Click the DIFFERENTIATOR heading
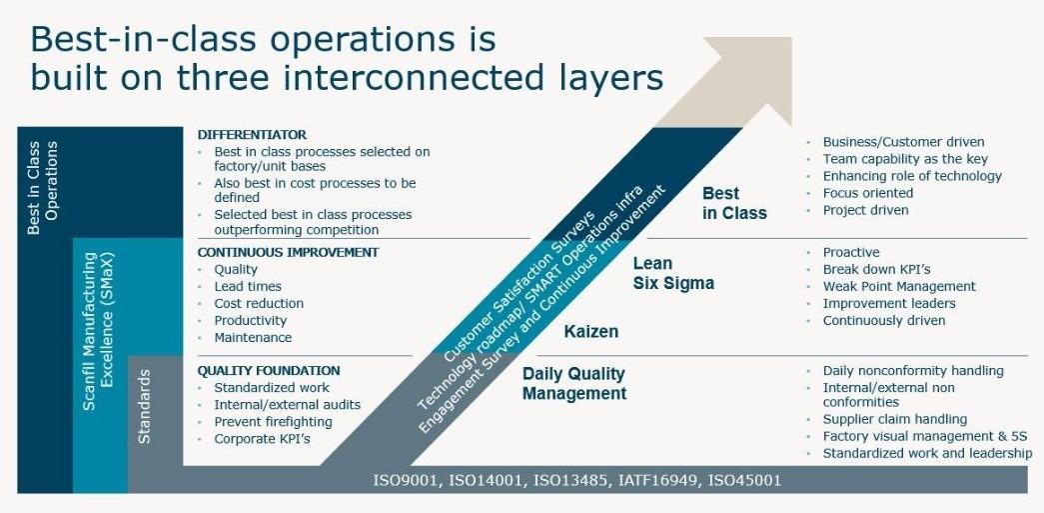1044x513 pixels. (x=253, y=135)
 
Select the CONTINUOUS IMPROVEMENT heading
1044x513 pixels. (x=289, y=253)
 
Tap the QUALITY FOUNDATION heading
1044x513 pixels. (x=269, y=370)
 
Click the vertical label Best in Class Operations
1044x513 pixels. (x=43, y=187)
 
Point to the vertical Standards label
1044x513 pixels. (x=143, y=406)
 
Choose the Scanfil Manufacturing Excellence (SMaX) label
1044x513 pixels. (x=98, y=330)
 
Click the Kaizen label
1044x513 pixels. (x=591, y=331)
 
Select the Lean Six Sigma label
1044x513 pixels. (x=673, y=273)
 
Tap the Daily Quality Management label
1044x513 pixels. (x=573, y=384)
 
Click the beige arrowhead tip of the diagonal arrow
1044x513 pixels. (x=791, y=38)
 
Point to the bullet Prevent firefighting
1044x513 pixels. (x=273, y=422)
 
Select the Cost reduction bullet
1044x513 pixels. (x=259, y=303)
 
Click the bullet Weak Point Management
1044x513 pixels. (x=899, y=286)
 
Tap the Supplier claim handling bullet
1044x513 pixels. (x=895, y=419)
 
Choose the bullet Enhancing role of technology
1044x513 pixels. (x=912, y=176)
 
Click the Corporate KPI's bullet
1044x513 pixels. (x=263, y=439)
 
